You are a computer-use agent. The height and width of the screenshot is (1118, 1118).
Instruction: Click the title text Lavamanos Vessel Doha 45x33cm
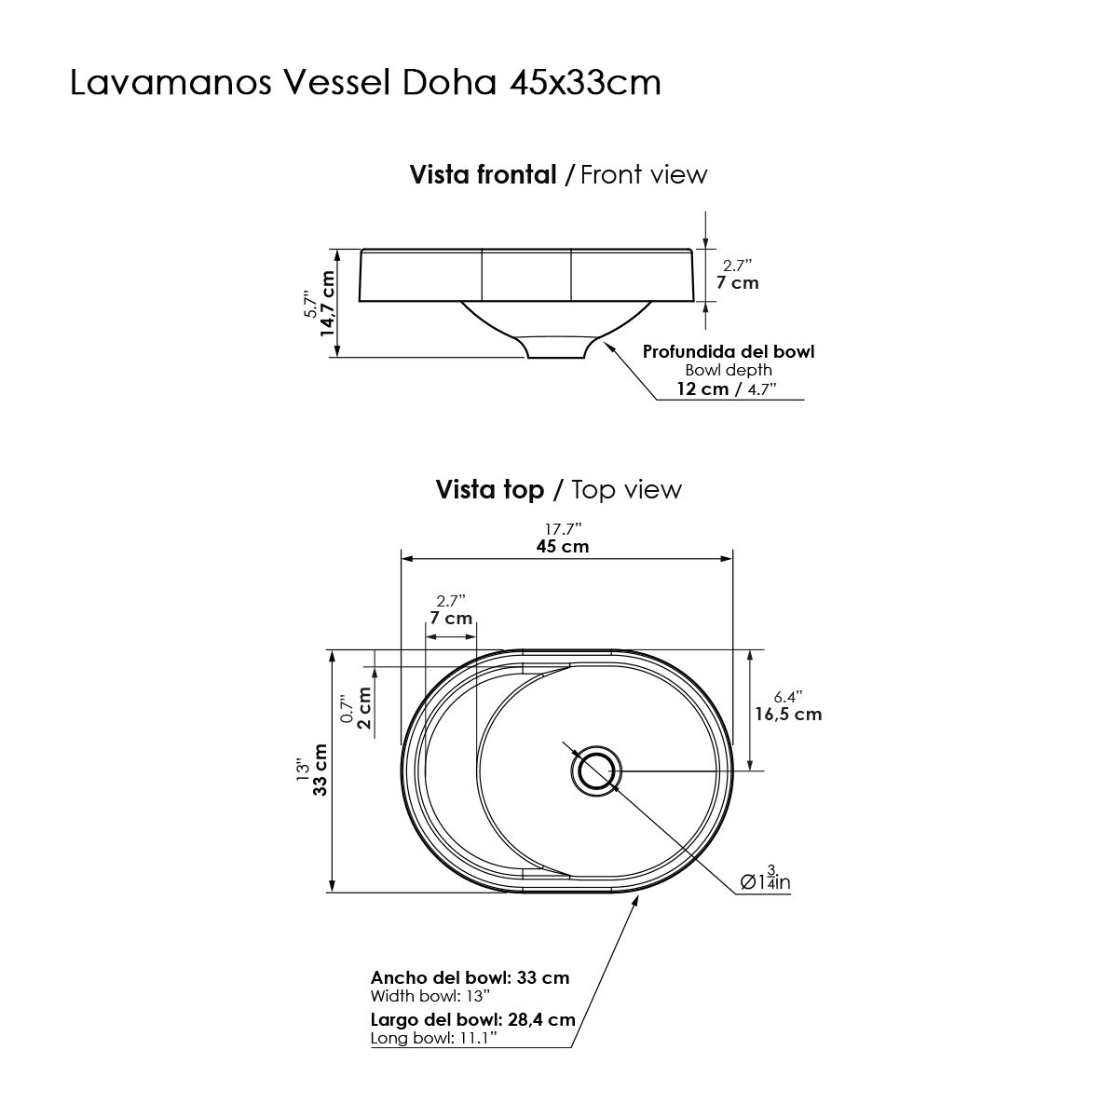pos(365,83)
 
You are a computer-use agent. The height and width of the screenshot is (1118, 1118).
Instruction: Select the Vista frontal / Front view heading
pos(558,174)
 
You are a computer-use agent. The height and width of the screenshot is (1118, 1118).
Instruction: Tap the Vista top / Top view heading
pos(558,489)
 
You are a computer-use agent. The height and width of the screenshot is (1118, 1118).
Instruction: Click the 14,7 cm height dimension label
pos(327,303)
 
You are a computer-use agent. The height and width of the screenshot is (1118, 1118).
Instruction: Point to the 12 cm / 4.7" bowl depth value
pos(726,389)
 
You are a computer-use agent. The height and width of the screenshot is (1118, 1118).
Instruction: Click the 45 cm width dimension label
pos(563,546)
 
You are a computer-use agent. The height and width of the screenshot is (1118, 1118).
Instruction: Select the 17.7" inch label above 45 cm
pos(563,528)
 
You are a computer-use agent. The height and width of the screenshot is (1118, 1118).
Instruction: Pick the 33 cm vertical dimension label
pos(320,770)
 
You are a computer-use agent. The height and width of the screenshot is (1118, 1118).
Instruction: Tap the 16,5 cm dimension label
pos(788,715)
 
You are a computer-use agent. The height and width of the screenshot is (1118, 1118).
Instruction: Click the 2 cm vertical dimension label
pos(364,708)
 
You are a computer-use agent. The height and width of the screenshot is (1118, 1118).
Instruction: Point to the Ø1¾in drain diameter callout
pos(764,880)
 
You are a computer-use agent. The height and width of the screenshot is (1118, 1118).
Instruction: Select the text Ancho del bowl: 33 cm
pos(470,978)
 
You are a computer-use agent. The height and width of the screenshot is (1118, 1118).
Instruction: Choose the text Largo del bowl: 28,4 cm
pos(472,1019)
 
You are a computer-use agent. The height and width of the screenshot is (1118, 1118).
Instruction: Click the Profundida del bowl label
pos(729,351)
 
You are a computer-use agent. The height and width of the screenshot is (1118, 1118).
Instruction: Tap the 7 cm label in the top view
pos(451,618)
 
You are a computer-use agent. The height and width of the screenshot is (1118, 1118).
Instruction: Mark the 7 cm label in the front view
pos(738,282)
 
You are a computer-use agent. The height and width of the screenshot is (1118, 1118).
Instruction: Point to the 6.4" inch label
pos(788,696)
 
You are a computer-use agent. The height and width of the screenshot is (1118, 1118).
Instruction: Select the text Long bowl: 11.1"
pos(434,1037)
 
